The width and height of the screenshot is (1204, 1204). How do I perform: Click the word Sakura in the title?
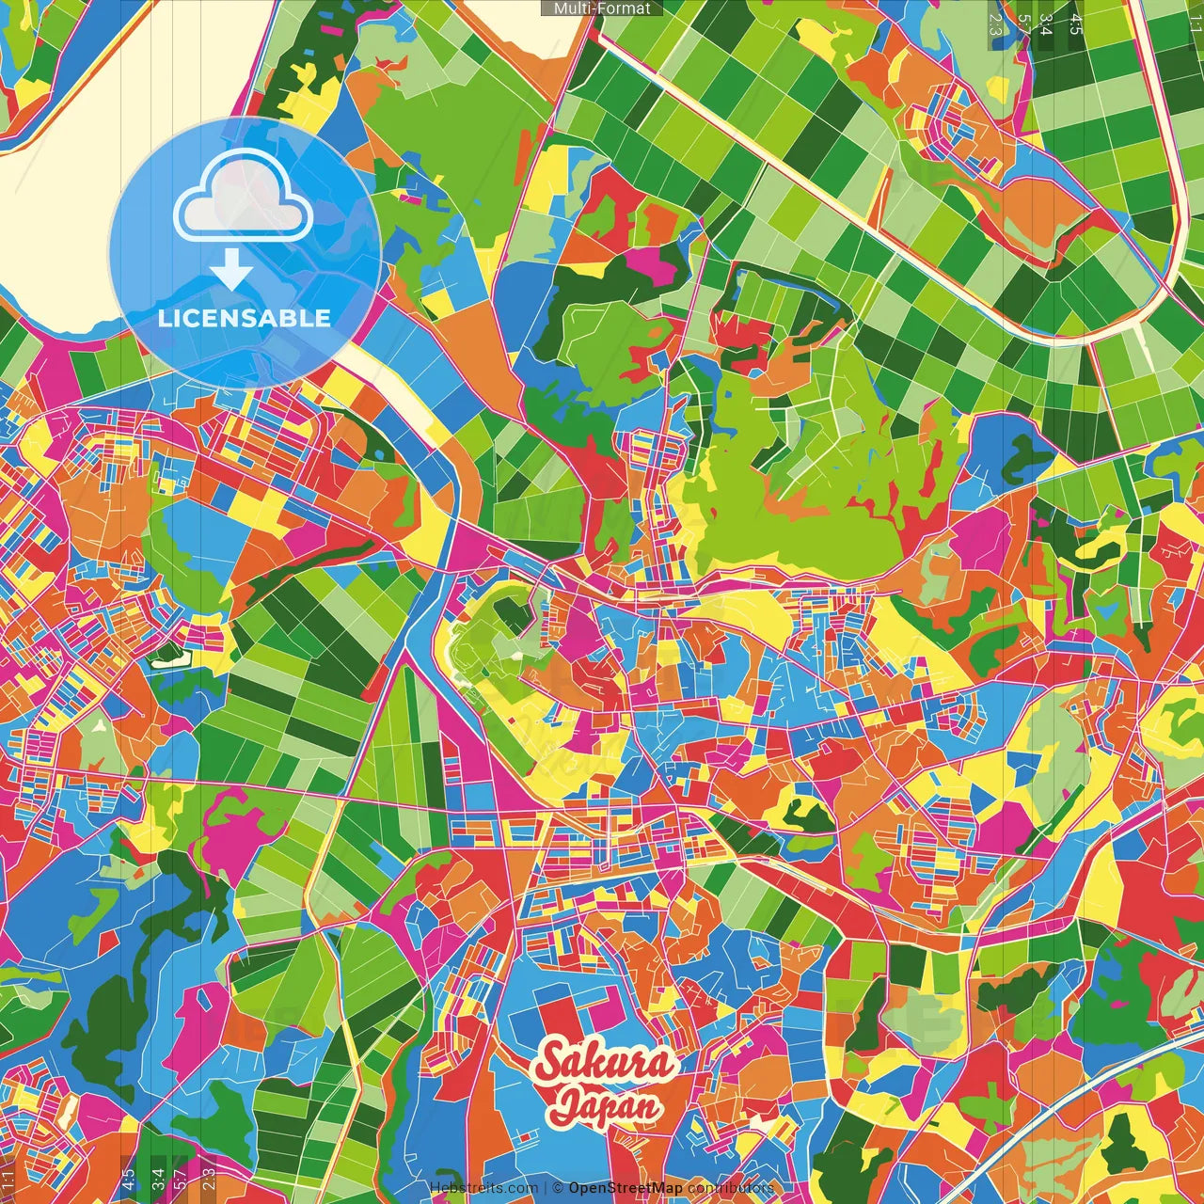click(x=604, y=1062)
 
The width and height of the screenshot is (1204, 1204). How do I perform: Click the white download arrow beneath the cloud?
click(x=231, y=269)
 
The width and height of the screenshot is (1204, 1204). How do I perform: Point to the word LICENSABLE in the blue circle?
click(x=245, y=318)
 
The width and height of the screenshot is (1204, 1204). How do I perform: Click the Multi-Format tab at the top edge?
click(x=602, y=8)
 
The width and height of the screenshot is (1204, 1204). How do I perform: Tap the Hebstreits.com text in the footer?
click(x=483, y=1188)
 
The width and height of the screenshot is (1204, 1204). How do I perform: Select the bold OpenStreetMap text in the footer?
click(x=626, y=1188)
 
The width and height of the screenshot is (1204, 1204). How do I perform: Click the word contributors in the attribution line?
click(x=731, y=1188)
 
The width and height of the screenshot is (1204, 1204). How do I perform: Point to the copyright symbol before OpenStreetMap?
click(x=558, y=1188)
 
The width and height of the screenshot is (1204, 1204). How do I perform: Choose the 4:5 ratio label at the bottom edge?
click(x=128, y=1180)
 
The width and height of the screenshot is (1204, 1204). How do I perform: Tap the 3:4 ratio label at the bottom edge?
click(x=157, y=1180)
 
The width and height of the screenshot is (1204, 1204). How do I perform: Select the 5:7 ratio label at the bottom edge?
click(x=181, y=1180)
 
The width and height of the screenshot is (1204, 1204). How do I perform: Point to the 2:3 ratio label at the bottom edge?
click(x=209, y=1180)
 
